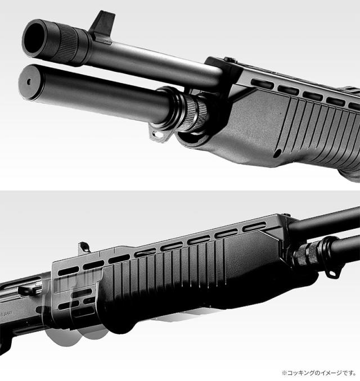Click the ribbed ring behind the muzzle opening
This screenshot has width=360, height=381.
point(67,45)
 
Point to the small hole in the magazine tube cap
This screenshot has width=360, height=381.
point(29,82)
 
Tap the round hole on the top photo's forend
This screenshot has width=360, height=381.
point(277,153)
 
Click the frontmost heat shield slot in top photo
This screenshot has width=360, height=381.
point(263,84)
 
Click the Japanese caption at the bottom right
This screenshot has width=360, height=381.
point(319,373)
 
